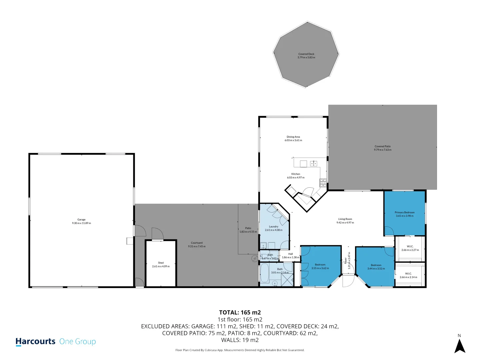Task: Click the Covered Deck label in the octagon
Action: pyautogui.click(x=306, y=54)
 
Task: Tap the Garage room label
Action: pyautogui.click(x=81, y=220)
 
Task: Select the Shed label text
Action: pyautogui.click(x=161, y=263)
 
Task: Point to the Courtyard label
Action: pyautogui.click(x=197, y=243)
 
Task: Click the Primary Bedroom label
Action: pyautogui.click(x=404, y=212)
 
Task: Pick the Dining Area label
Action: pyautogui.click(x=293, y=137)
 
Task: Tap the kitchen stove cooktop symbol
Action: pyautogui.click(x=323, y=182)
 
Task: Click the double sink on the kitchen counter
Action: pyautogui.click(x=313, y=163)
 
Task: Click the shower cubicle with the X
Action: pyautogui.click(x=288, y=280)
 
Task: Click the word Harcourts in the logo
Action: pyautogui.click(x=35, y=341)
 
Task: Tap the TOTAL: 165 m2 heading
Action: pyautogui.click(x=240, y=312)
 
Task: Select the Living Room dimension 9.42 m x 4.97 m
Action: pyautogui.click(x=345, y=223)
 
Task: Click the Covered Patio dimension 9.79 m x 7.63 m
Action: pyautogui.click(x=382, y=150)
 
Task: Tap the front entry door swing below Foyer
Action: pyautogui.click(x=348, y=281)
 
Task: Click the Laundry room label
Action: pyautogui.click(x=273, y=227)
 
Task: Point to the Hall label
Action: pyautogui.click(x=290, y=254)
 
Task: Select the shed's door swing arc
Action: pyautogui.click(x=157, y=233)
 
